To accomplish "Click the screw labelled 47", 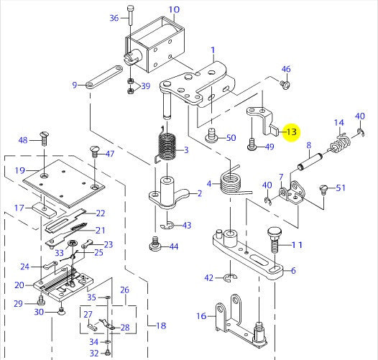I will point(94,150).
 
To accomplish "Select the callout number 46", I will point(286,70).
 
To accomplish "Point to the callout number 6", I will point(293,271).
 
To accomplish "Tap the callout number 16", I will point(201,315).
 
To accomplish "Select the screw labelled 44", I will point(154,245).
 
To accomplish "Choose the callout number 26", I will point(124,290).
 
